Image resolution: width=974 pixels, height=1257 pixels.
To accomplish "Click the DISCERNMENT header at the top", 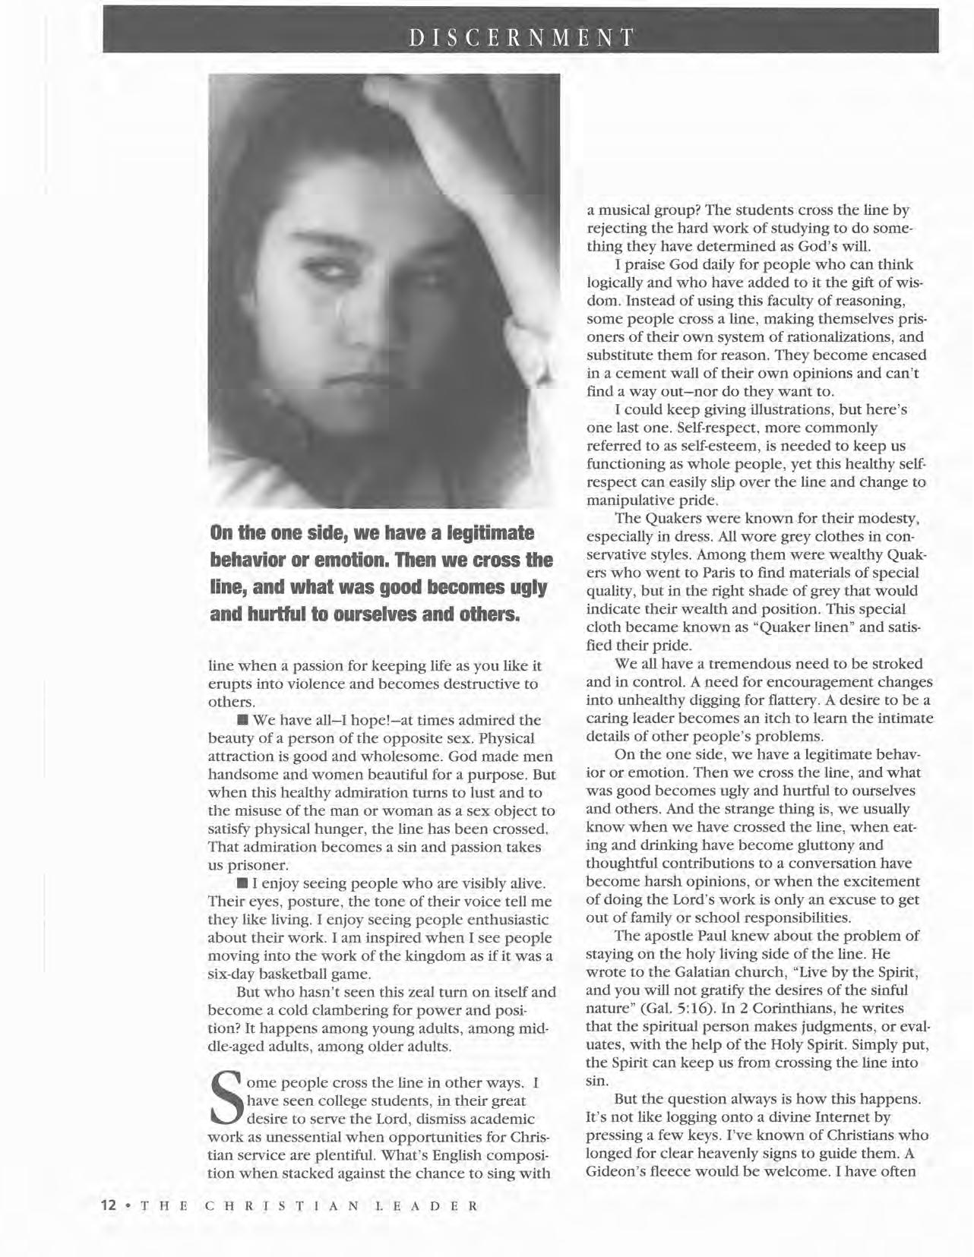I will click(x=520, y=38).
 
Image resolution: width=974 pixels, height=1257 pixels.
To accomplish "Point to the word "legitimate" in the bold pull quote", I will click(x=487, y=533).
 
